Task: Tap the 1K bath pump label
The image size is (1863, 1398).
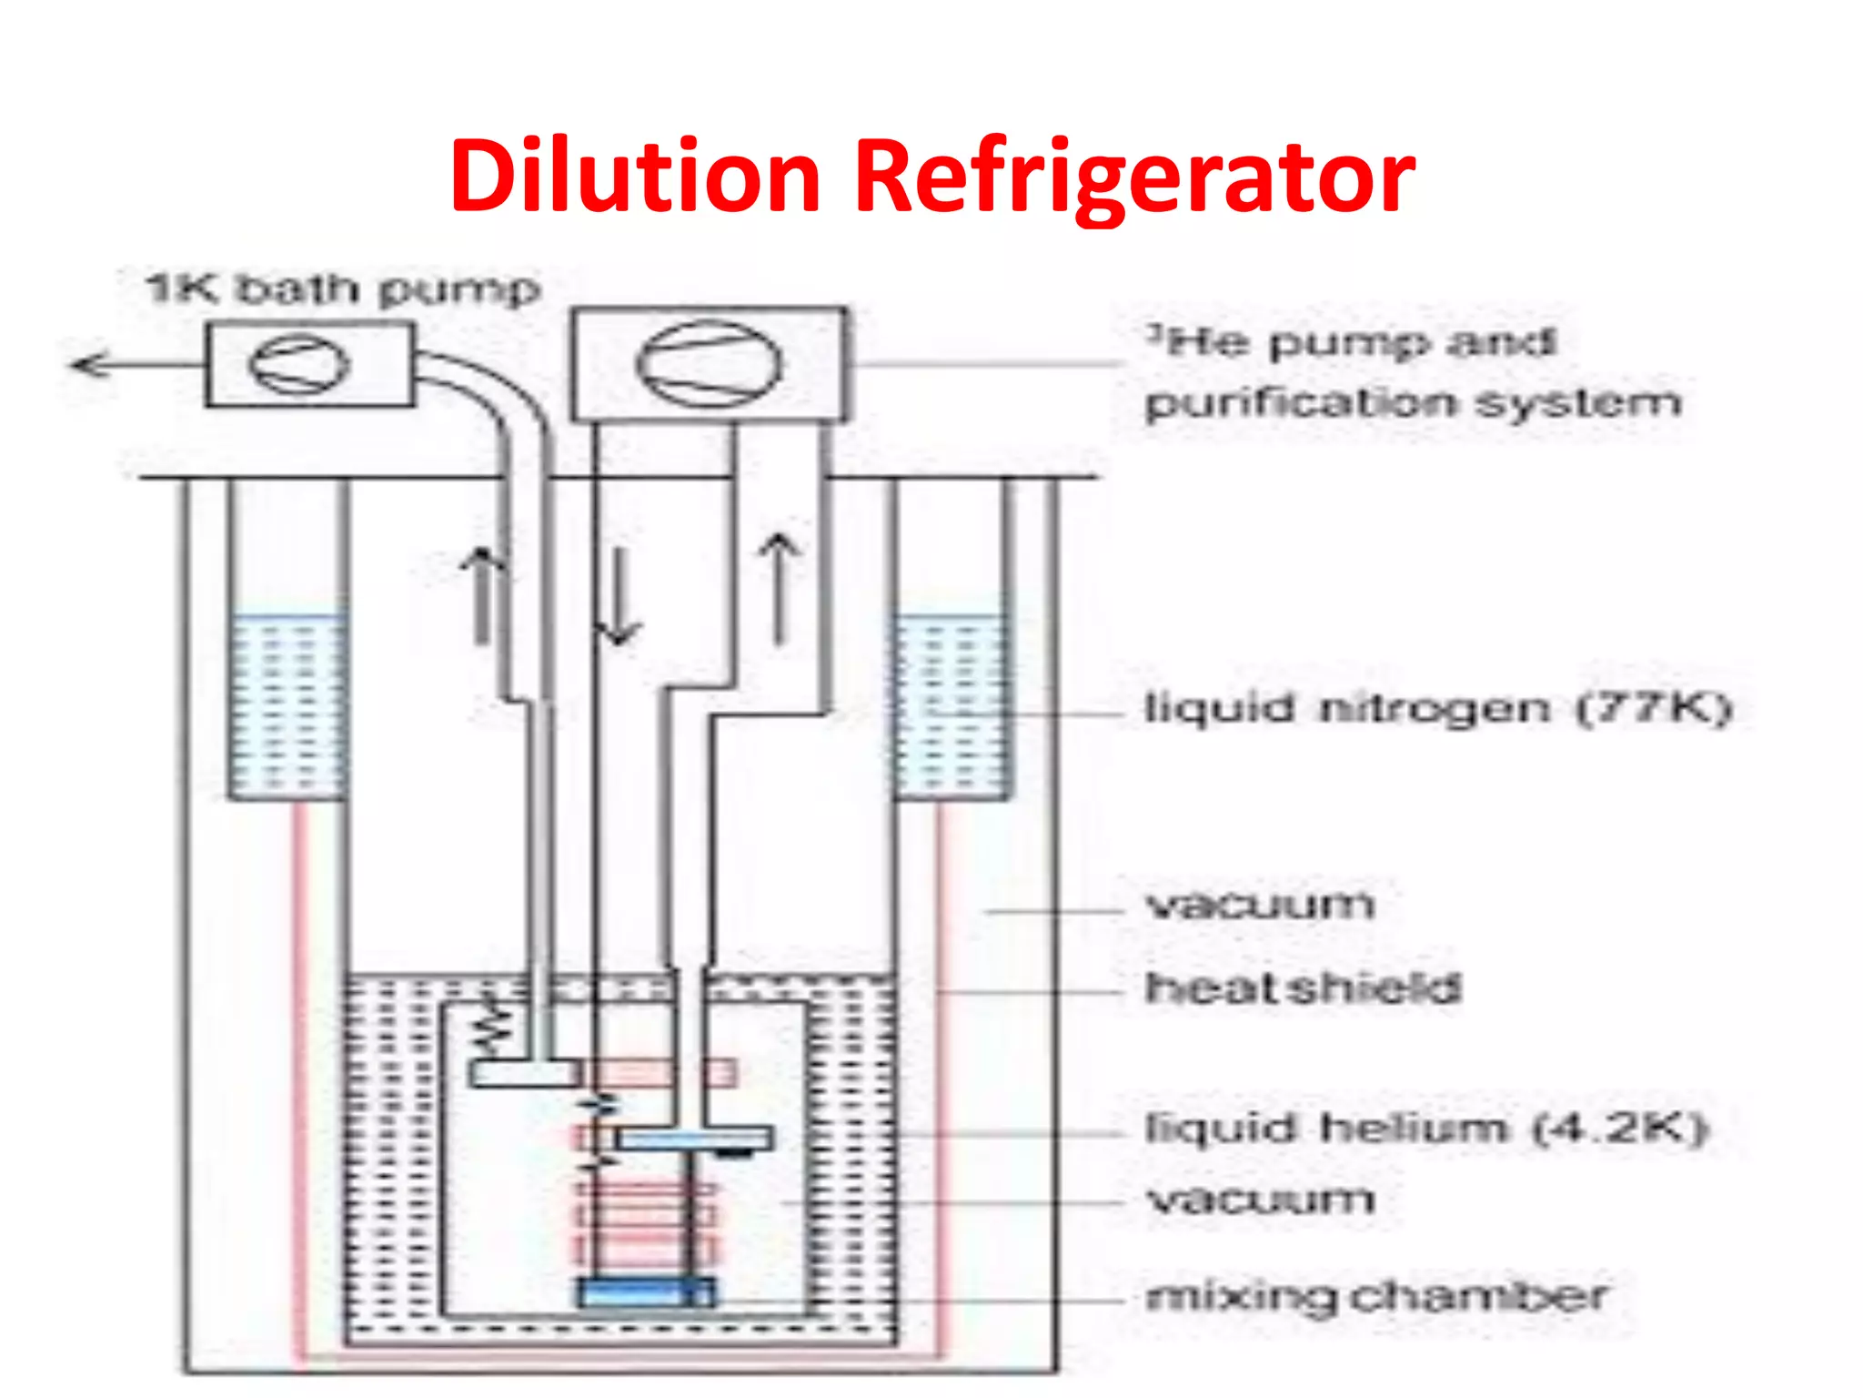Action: pos(343,289)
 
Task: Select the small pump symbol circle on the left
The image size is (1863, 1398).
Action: pos(298,364)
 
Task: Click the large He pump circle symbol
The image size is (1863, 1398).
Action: pos(709,364)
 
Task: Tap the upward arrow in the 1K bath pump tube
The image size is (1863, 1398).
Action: pos(482,596)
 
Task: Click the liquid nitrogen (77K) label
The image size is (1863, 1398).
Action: pos(1437,708)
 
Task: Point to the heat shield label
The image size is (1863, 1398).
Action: pos(1303,988)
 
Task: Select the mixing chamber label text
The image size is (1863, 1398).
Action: pos(1376,1296)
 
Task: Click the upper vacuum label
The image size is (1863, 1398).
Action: pos(1260,905)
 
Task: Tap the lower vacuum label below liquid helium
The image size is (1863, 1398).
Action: pos(1260,1200)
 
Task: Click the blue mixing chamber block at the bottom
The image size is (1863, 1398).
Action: pos(646,1292)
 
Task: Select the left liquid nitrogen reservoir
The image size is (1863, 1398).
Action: pos(287,705)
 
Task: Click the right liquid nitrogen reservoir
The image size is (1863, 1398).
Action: pos(951,705)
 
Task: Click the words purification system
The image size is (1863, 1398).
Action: pos(1413,402)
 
